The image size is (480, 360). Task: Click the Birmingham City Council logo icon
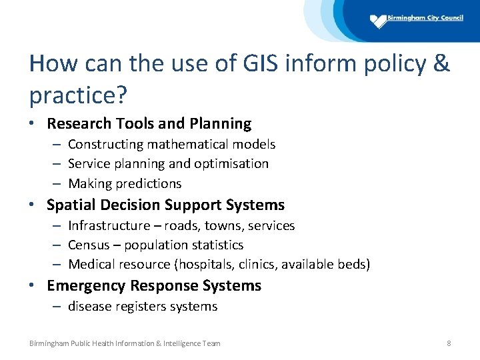(379, 21)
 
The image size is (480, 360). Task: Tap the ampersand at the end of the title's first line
(441, 64)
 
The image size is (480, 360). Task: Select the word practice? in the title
(79, 95)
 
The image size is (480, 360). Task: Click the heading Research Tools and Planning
(149, 123)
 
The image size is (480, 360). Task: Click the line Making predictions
(125, 183)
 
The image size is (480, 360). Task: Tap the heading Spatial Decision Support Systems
(165, 205)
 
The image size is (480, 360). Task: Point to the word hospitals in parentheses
(205, 265)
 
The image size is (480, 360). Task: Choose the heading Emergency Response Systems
(154, 285)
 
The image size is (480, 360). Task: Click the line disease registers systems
(143, 306)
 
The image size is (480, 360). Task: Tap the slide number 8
(449, 343)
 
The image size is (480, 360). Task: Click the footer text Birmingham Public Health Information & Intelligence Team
(125, 343)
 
